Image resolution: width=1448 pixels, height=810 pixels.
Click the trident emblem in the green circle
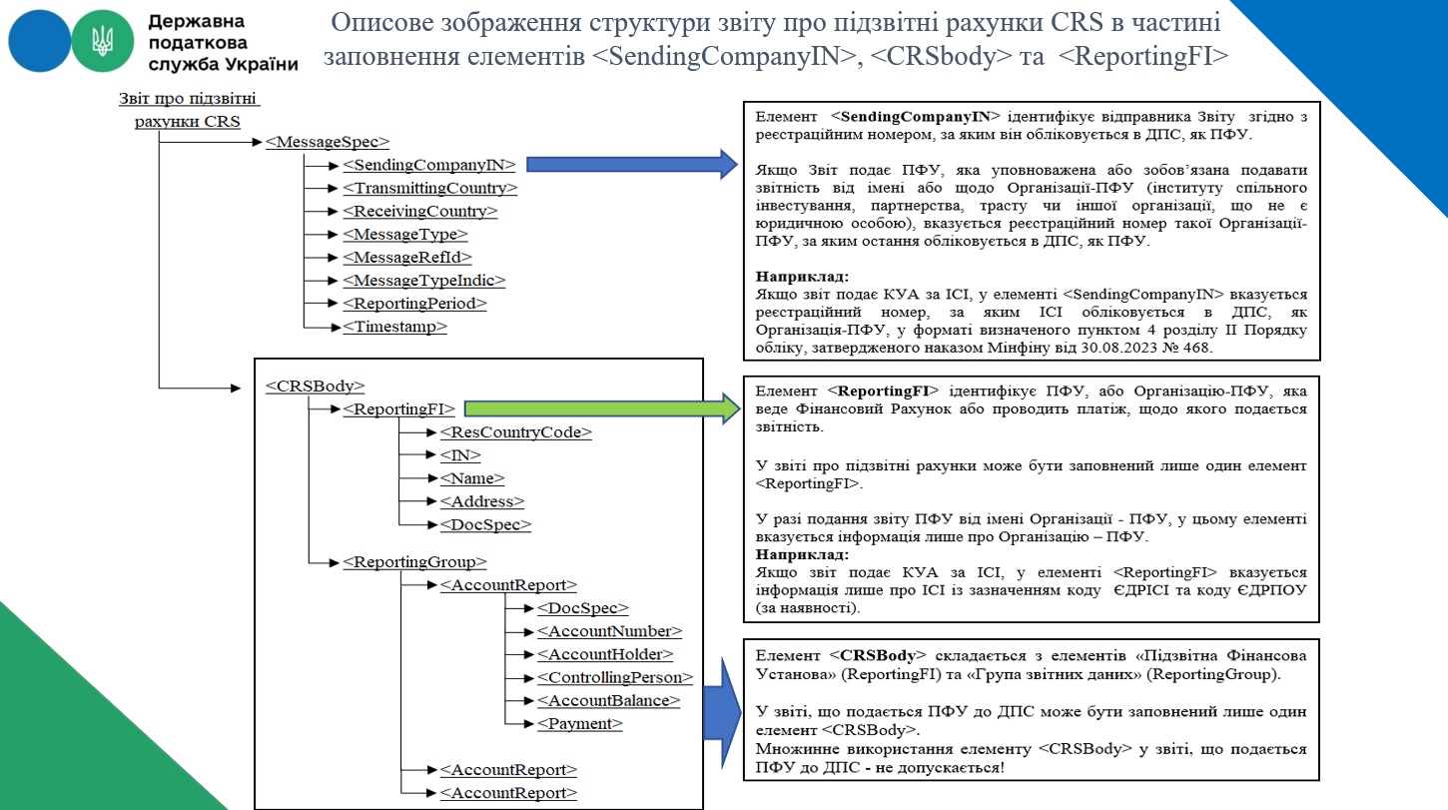point(102,41)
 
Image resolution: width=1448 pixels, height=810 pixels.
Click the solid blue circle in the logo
point(39,41)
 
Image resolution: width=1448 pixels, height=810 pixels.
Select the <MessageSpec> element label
point(328,142)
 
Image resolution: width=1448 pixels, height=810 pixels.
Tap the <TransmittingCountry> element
point(429,188)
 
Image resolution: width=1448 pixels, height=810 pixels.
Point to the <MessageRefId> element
point(407,258)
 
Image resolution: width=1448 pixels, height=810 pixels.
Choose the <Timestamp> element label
point(395,327)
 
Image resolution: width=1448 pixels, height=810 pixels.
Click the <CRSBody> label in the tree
point(315,386)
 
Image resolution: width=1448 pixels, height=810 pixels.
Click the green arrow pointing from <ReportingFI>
point(602,408)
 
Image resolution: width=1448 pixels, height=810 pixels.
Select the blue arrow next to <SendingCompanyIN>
point(631,164)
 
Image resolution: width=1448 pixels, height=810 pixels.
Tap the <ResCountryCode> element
point(516,431)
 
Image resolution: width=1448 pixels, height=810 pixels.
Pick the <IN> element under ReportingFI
point(460,455)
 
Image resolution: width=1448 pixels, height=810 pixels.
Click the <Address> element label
point(482,501)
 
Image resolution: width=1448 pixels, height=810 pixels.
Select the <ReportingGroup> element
point(414,561)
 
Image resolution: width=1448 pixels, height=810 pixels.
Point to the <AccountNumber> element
point(609,631)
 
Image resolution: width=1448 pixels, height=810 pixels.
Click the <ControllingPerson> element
point(615,677)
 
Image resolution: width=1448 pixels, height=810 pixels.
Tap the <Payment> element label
point(580,724)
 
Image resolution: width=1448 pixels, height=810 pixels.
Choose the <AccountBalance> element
point(608,701)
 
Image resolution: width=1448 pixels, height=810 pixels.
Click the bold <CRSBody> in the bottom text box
point(878,655)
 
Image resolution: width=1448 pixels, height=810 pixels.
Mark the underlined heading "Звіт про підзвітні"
point(188,98)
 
